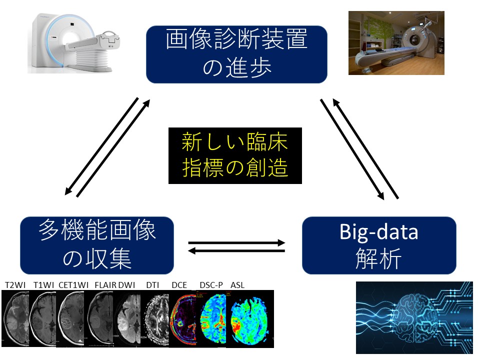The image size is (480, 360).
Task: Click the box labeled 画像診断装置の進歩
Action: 236,54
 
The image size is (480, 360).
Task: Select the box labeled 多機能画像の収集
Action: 97,245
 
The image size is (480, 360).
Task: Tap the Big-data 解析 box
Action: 379,245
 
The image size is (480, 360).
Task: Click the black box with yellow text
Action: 235,155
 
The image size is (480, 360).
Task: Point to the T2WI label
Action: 15,285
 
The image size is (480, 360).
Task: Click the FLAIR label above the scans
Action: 104,285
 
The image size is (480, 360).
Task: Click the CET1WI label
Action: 73,285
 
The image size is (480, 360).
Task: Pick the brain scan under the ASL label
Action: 250,319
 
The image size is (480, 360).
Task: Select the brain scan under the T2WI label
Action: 16,319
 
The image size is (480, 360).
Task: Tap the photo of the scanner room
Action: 396,43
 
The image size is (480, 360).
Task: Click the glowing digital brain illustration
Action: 414,317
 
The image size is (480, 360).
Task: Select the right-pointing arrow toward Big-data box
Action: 236,242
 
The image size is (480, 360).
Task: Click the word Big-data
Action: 379,232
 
